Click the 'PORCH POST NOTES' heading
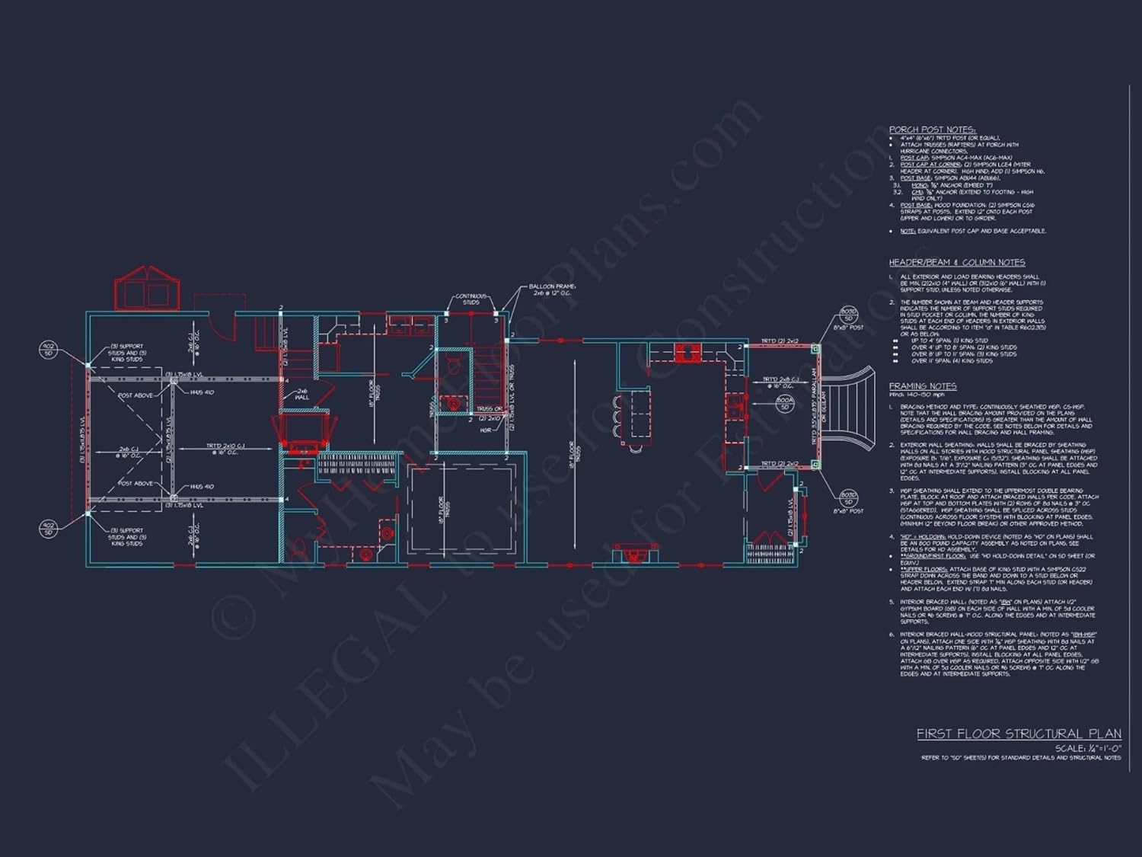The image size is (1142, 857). (x=932, y=130)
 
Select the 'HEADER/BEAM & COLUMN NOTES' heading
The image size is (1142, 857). (x=956, y=262)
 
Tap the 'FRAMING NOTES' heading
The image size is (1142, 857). (x=922, y=386)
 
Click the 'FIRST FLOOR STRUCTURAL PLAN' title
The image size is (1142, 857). (x=1018, y=734)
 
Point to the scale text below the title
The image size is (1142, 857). (x=1087, y=748)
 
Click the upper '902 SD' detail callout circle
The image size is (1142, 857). (x=48, y=350)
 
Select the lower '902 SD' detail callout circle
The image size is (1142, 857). (x=48, y=529)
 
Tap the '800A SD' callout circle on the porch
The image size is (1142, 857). (x=785, y=403)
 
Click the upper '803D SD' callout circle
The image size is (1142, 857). (x=848, y=315)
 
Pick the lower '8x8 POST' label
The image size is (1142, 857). (x=848, y=511)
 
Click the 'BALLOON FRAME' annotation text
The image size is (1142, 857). (x=553, y=289)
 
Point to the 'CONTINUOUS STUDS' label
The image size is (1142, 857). (x=471, y=299)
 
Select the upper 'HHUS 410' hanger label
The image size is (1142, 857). (x=202, y=392)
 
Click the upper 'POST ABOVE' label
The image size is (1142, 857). (x=136, y=395)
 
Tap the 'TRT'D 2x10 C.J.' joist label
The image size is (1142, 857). (x=226, y=449)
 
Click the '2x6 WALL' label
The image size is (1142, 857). (x=302, y=394)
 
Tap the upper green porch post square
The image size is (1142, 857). (x=815, y=349)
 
